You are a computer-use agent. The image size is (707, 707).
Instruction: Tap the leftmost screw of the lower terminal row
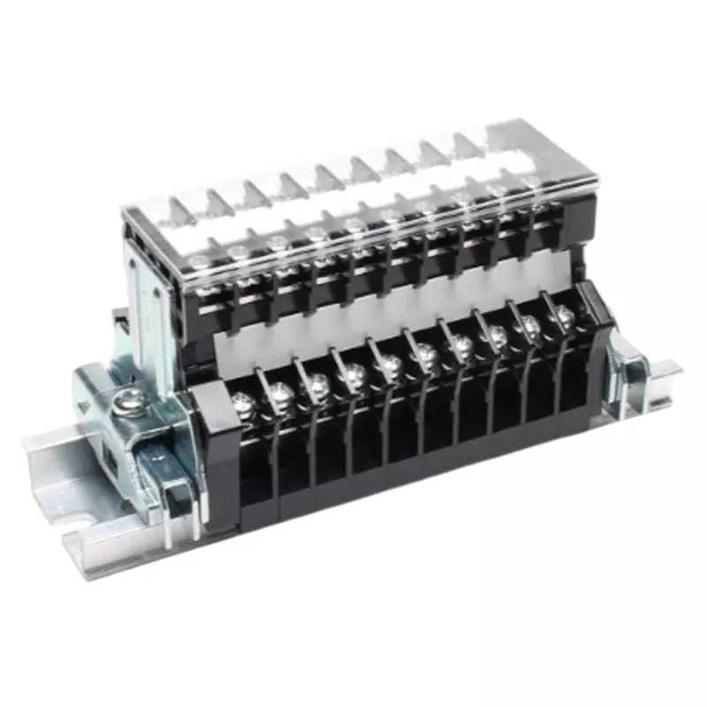[243, 406]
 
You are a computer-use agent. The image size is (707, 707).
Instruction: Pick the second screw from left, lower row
[282, 394]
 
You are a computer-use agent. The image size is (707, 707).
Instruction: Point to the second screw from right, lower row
[528, 325]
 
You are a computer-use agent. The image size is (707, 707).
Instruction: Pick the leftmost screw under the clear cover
[201, 262]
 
